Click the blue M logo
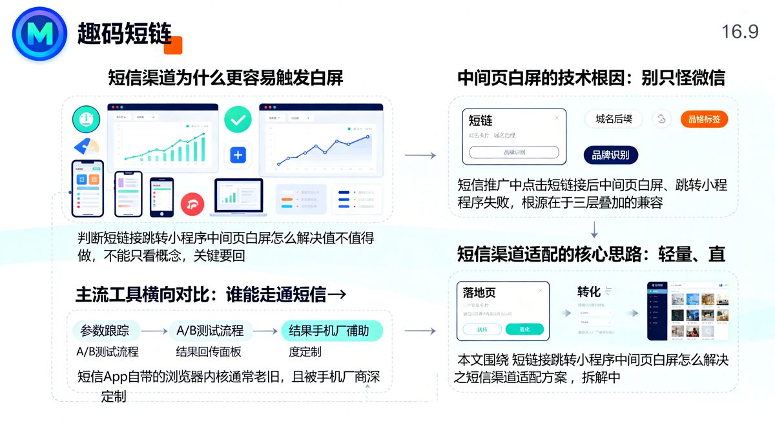click(x=39, y=34)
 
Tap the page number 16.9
click(x=739, y=32)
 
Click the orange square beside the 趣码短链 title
click(x=173, y=45)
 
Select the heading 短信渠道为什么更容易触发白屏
click(x=225, y=78)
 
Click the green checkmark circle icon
click(x=238, y=119)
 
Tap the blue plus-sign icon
click(x=238, y=155)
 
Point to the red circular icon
click(x=192, y=204)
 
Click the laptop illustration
click(x=237, y=198)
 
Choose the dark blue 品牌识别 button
click(x=610, y=155)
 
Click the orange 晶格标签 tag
click(x=704, y=119)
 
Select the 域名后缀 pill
click(x=614, y=119)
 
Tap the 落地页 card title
click(x=480, y=293)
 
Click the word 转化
click(x=588, y=292)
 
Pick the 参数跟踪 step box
click(x=105, y=331)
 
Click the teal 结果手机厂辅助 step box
click(x=332, y=331)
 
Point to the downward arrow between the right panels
click(x=594, y=229)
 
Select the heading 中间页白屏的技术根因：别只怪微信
click(x=591, y=78)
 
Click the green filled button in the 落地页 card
click(x=524, y=329)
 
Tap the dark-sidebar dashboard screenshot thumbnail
click(x=687, y=311)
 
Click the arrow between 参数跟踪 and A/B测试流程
click(x=154, y=331)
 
